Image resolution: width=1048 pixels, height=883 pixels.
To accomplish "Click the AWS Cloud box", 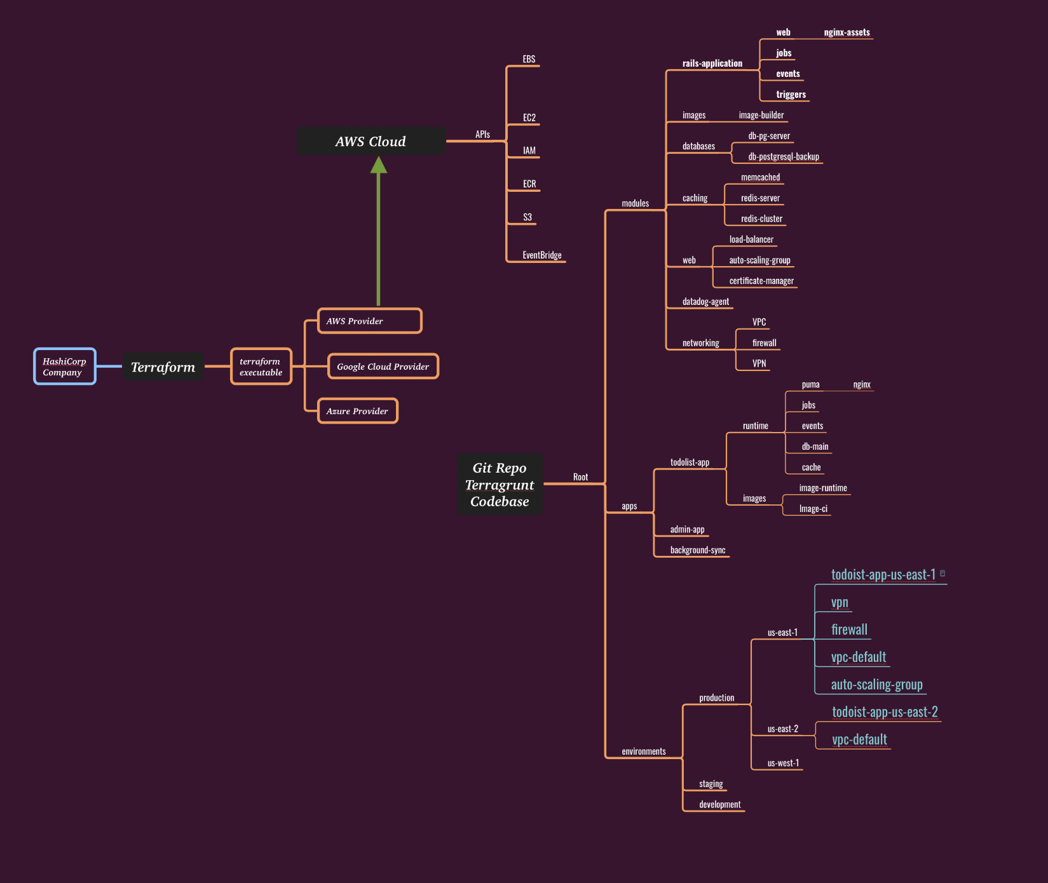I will pos(371,141).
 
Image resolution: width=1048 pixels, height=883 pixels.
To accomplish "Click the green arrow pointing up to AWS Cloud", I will pos(379,235).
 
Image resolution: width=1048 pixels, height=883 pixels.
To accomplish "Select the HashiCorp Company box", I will pos(65,367).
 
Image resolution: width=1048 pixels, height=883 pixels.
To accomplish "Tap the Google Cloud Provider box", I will pos(383,367).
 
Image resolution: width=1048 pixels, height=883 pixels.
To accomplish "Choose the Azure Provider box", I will pos(357,411).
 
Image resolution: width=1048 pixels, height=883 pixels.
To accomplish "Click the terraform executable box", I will pos(261,367).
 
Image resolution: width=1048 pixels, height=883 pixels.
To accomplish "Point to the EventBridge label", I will pos(542,255).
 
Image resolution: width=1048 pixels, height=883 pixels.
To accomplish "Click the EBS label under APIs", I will pos(529,60).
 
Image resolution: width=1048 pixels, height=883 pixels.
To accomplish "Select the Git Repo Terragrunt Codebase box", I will pos(500,485).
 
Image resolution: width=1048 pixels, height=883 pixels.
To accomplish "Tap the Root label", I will pos(580,477).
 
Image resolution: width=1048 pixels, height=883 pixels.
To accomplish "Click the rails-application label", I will pos(712,64).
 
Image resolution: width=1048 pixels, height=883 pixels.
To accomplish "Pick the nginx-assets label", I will pos(847,32).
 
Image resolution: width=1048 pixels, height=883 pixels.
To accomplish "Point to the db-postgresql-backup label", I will pos(784,157).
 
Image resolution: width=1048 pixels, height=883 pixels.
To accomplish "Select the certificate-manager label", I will pos(761,281).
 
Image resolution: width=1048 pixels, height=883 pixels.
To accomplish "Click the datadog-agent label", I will pos(705,302).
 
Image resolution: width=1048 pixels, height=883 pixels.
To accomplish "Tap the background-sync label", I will pos(698,550).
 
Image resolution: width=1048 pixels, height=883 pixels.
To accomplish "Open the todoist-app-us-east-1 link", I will pos(883,575).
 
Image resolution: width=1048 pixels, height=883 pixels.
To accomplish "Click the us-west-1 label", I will pos(783,763).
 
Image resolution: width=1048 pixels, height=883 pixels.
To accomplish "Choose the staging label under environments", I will pos(711,784).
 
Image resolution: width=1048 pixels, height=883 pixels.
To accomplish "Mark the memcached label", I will pos(760,178).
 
